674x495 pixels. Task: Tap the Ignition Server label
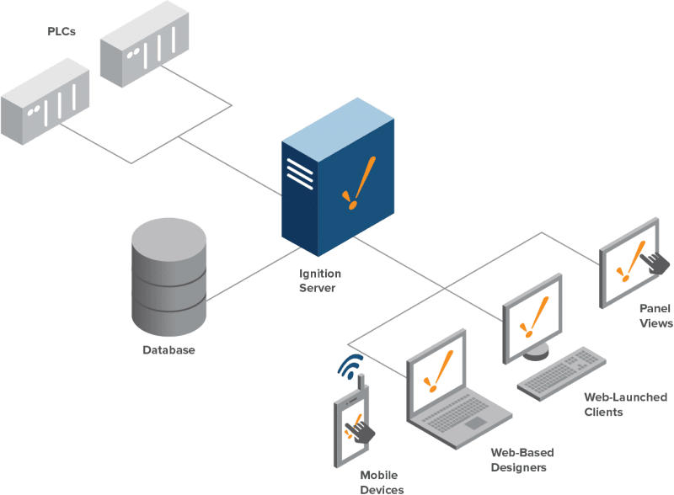[317, 280]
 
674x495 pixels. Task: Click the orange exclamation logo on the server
[354, 187]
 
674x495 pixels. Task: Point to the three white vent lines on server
[297, 173]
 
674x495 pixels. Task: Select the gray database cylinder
[168, 278]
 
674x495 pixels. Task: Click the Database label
[168, 349]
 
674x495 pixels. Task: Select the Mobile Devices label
[379, 482]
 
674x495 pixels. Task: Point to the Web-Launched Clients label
[615, 404]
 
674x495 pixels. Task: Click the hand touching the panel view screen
[656, 262]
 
